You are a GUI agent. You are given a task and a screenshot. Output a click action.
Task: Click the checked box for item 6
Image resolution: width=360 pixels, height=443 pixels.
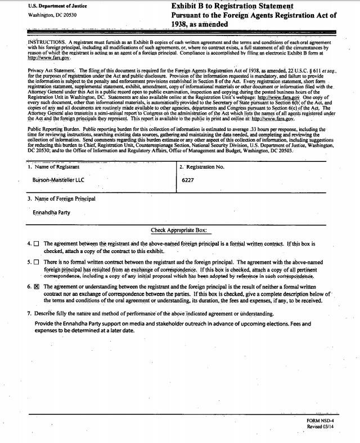pos(37,287)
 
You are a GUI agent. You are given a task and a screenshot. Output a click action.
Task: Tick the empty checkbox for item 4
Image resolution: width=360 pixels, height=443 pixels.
pos(37,244)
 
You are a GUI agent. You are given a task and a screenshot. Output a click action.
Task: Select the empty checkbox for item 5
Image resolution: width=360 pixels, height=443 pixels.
pos(37,263)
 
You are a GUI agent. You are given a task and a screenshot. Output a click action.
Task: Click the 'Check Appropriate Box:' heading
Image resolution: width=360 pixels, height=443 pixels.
pos(179,230)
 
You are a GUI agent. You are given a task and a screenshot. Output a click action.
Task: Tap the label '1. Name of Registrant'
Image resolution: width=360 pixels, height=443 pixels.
pos(53,167)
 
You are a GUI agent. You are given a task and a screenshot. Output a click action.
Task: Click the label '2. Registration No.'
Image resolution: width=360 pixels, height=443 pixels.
pos(201,167)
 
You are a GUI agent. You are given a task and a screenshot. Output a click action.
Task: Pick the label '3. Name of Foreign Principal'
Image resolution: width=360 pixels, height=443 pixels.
pos(61,198)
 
